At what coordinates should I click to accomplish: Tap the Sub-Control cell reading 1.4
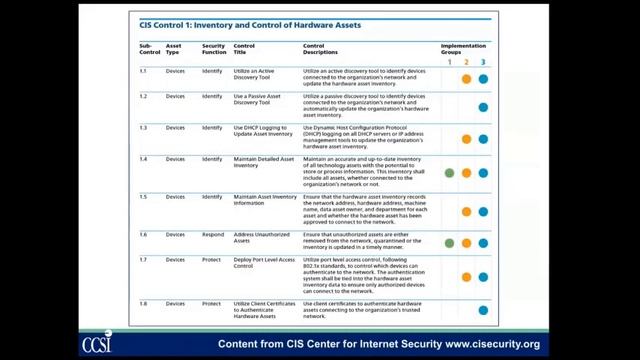144,159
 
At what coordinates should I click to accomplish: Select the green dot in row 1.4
450,173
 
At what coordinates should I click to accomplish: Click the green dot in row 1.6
450,243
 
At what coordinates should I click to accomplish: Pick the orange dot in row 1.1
466,79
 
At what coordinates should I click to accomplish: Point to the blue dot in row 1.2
483,107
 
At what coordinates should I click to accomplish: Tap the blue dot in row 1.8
483,310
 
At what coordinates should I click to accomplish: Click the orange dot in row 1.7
466,277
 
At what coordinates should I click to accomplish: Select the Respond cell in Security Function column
212,234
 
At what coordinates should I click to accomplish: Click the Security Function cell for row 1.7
212,259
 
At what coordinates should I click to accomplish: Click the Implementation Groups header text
464,48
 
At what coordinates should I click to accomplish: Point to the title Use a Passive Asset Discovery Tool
256,100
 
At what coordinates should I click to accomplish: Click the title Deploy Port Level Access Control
264,263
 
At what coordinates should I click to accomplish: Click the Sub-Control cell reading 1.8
144,304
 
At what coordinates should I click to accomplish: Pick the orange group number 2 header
466,62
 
